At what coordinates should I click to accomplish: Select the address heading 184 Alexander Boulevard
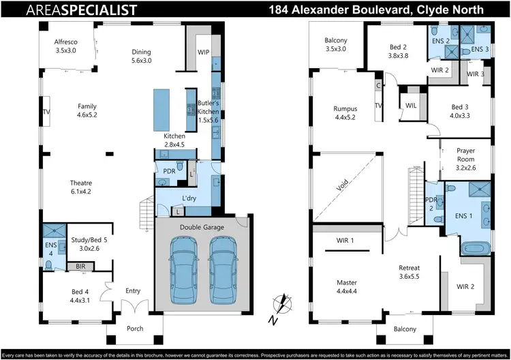pyautogui.click(x=376, y=10)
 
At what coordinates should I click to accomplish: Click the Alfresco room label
pyautogui.click(x=66, y=42)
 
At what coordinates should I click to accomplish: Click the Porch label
pyautogui.click(x=135, y=329)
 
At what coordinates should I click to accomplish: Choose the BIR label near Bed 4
pyautogui.click(x=80, y=267)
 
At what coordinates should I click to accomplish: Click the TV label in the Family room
pyautogui.click(x=47, y=111)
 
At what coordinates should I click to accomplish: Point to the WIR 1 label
pyautogui.click(x=345, y=241)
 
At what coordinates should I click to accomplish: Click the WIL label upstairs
pyautogui.click(x=410, y=106)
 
